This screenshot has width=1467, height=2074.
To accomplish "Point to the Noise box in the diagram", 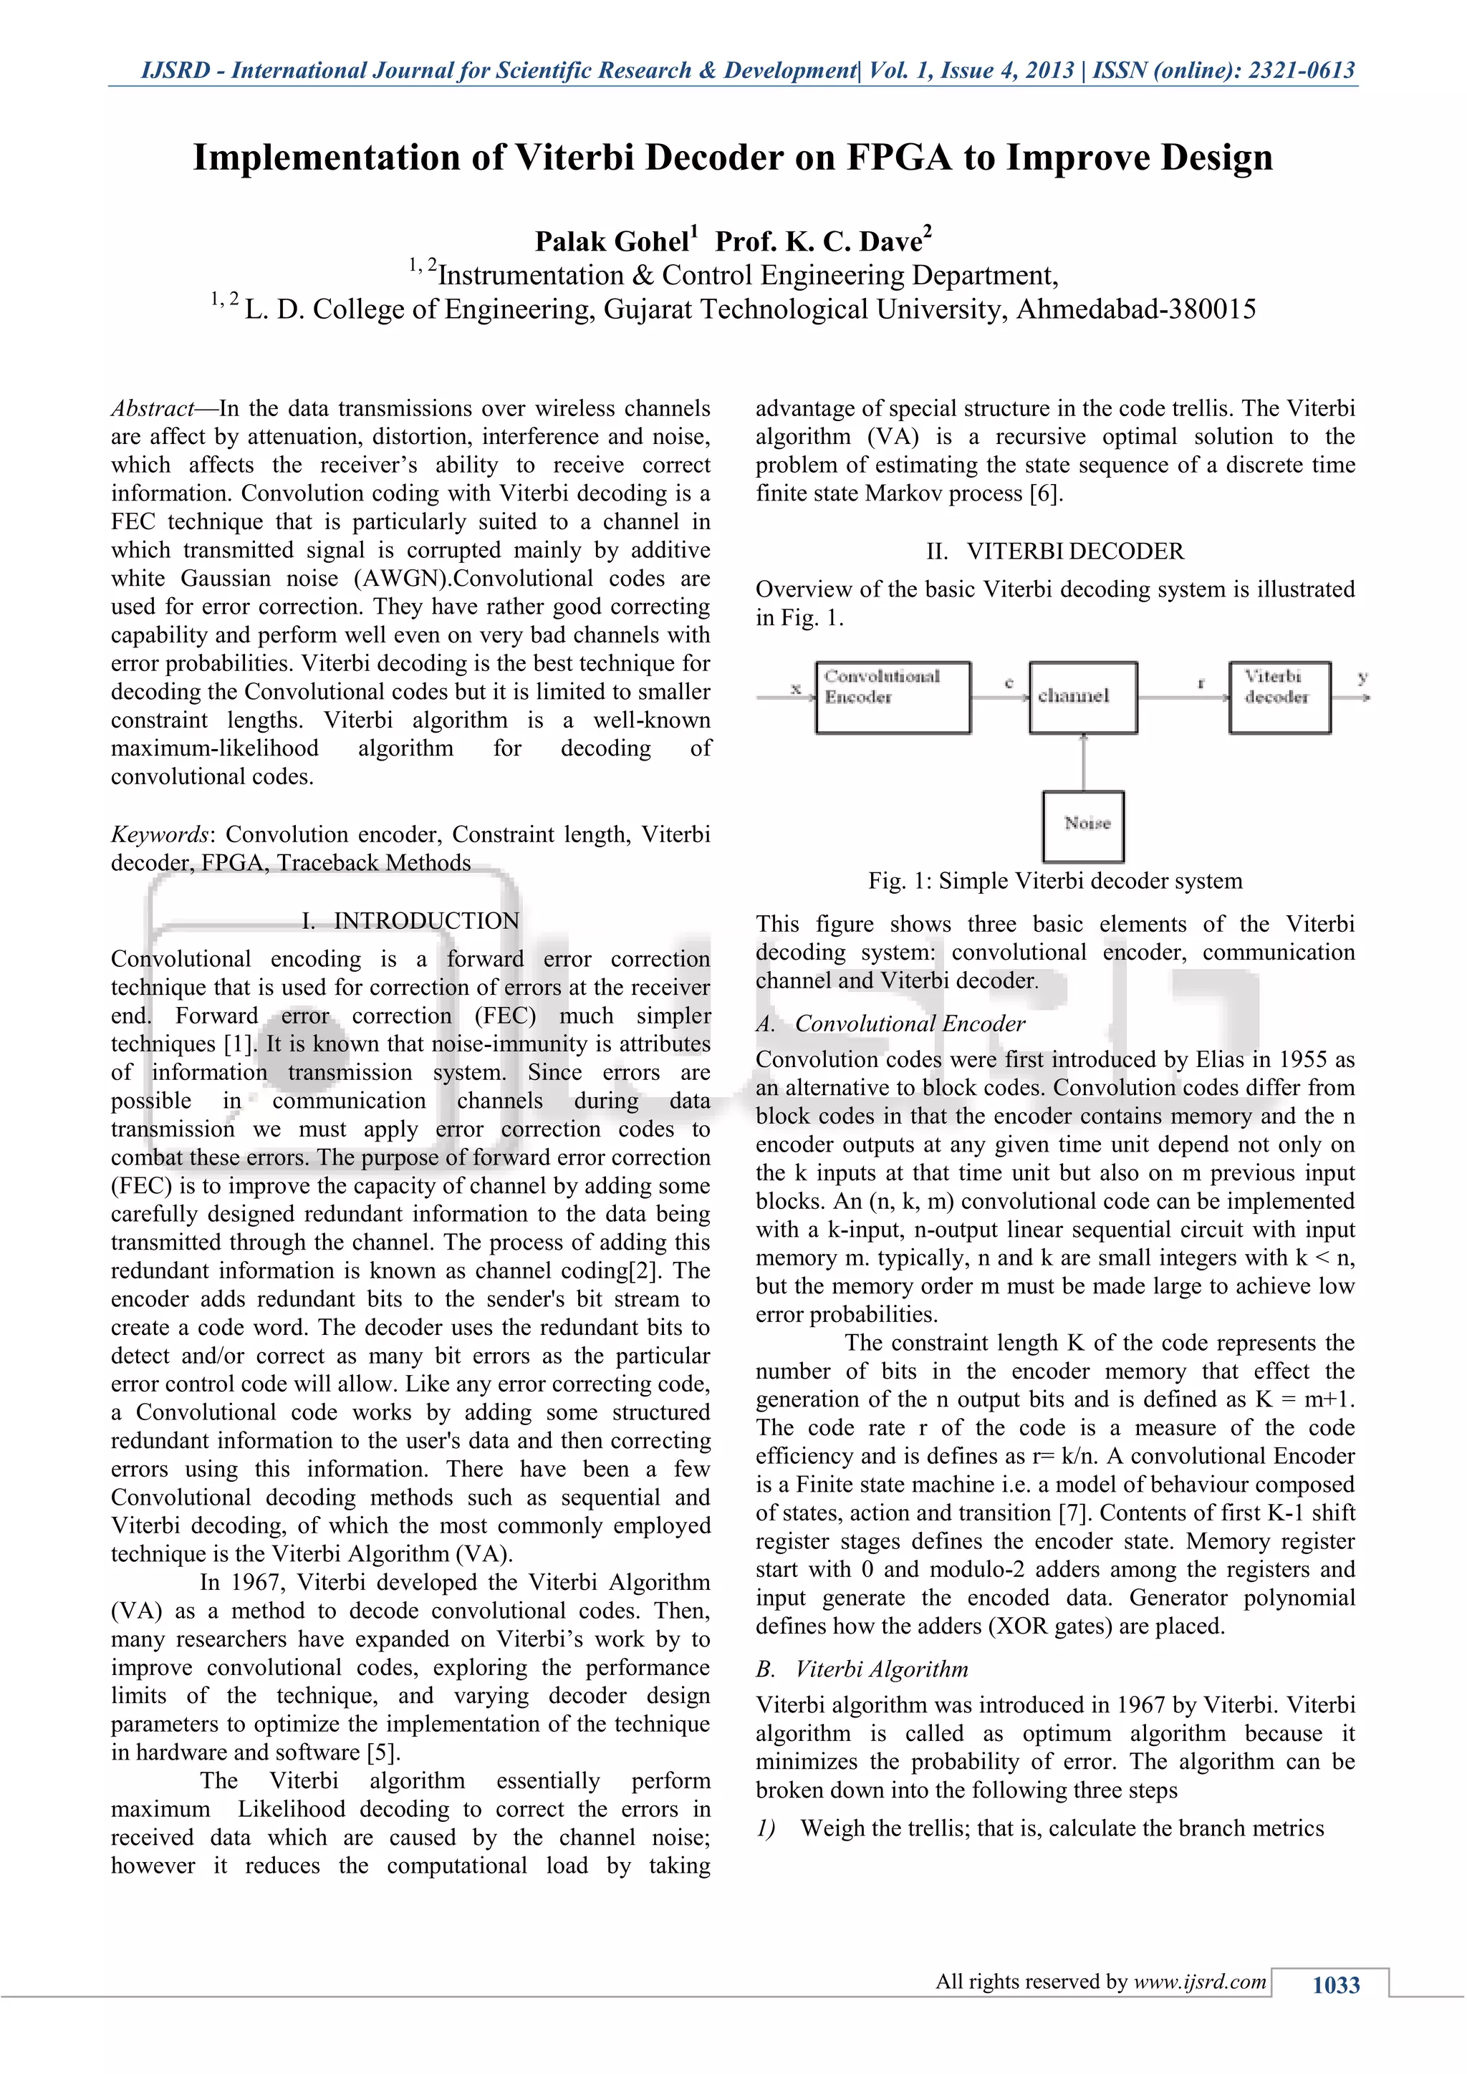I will click(x=1083, y=826).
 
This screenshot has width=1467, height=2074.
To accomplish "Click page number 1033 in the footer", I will click(x=1335, y=1984).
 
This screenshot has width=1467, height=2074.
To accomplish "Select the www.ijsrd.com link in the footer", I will click(x=1200, y=1981).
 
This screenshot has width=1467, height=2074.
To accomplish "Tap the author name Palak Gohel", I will click(x=612, y=241).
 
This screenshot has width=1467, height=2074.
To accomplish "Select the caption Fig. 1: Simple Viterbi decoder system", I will click(x=1054, y=881).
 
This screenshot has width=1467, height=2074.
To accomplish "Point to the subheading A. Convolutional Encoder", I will click(x=890, y=1023).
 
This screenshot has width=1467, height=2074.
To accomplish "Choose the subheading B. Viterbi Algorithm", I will click(x=862, y=1669).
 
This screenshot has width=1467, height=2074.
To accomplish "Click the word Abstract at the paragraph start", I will click(x=152, y=409).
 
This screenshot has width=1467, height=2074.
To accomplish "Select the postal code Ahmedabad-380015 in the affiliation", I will click(x=1135, y=310).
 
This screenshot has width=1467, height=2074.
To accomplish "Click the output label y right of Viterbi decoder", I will click(x=1361, y=677).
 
